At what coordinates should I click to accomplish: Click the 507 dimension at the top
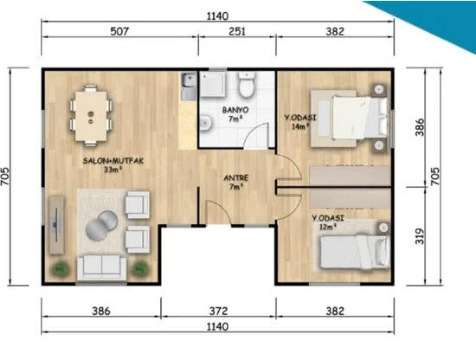tap(119, 31)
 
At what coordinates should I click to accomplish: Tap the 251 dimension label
tap(237, 31)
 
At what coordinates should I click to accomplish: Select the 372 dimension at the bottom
tap(218, 311)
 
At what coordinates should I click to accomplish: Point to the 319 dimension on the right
tap(419, 236)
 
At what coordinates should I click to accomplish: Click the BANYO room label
tap(235, 110)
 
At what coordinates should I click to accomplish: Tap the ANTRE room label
tap(236, 178)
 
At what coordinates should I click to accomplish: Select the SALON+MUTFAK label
tap(113, 161)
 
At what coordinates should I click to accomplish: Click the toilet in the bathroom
tap(246, 85)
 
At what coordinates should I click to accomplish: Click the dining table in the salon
tap(91, 116)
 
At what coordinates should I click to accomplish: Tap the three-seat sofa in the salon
tap(102, 267)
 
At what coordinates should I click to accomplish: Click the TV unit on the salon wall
tap(56, 225)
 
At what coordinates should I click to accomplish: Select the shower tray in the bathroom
tap(213, 84)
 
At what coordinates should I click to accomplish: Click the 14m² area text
tap(300, 126)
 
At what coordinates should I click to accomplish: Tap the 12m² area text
tap(328, 227)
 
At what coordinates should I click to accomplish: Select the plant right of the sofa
tap(140, 268)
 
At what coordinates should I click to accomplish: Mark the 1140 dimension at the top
tap(217, 16)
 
